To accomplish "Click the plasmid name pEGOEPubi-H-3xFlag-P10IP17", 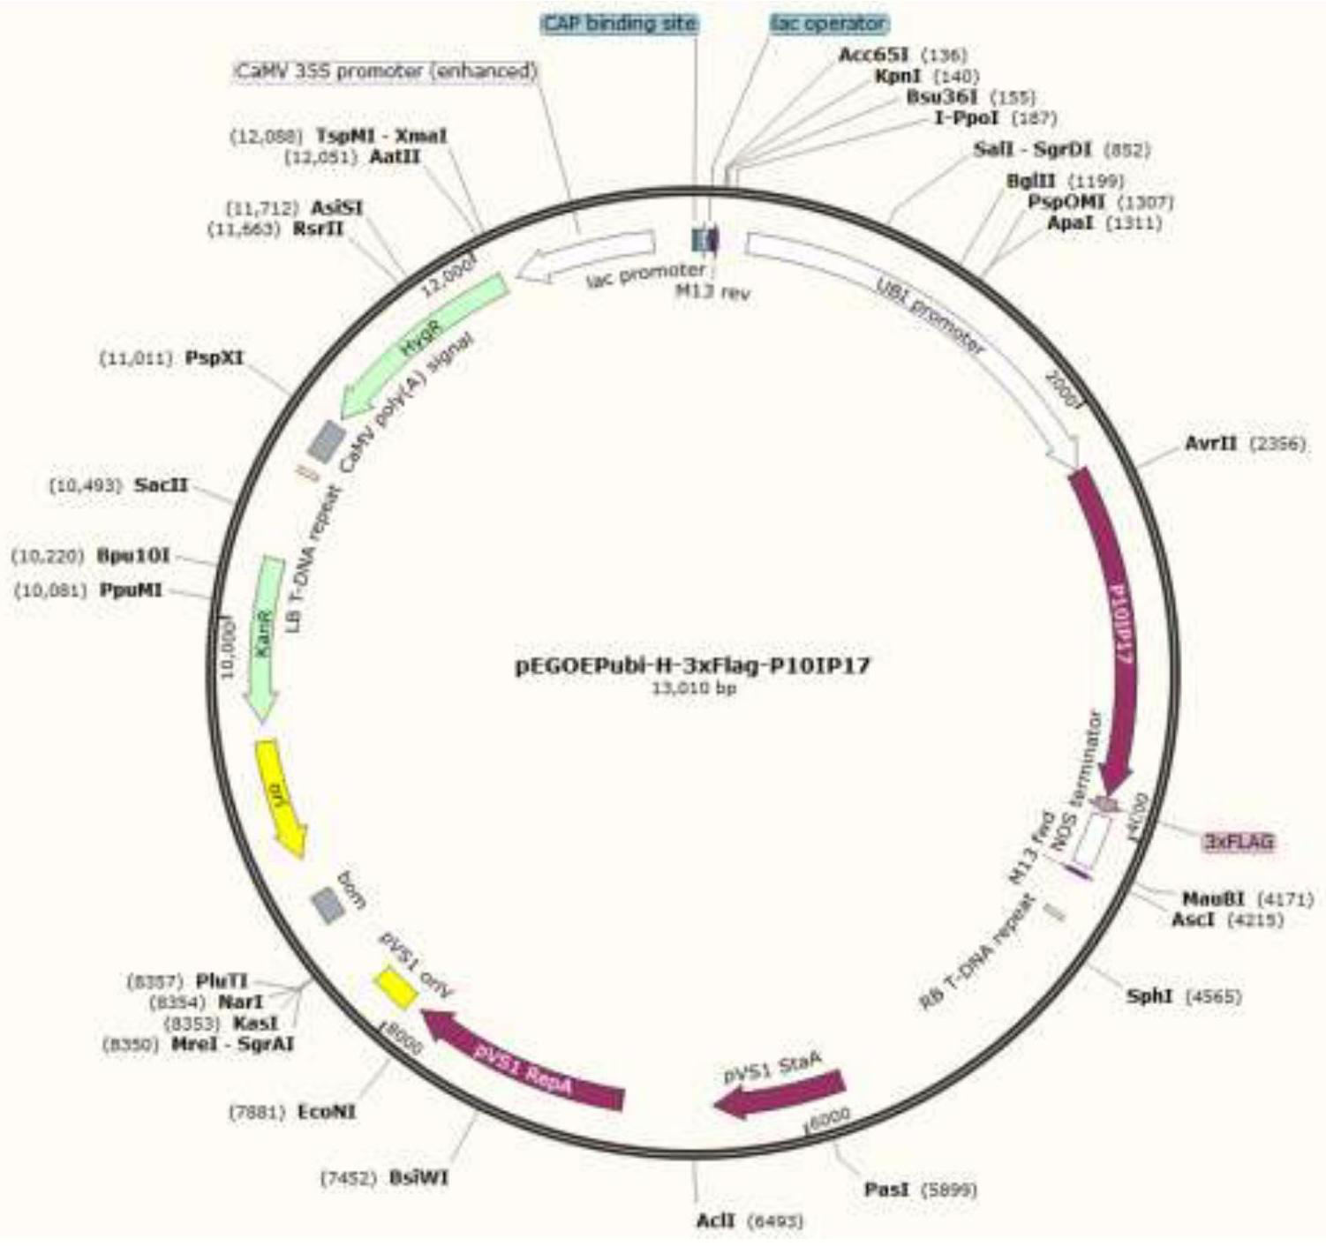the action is click(x=693, y=665).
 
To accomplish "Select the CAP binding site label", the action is click(x=619, y=24).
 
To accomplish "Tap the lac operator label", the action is click(x=827, y=24).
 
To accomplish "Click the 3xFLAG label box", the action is click(x=1240, y=842).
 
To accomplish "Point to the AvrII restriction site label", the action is click(x=1210, y=443).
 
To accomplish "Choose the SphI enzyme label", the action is click(x=1149, y=996).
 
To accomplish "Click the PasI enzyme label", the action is click(x=886, y=1190).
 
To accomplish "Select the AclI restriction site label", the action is click(x=715, y=1220).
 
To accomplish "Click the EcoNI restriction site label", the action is click(x=327, y=1112).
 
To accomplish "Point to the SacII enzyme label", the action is click(x=161, y=485).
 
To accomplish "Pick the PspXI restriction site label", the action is click(x=214, y=357).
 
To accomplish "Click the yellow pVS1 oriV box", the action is click(x=395, y=987).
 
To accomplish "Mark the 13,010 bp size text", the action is click(x=693, y=688).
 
